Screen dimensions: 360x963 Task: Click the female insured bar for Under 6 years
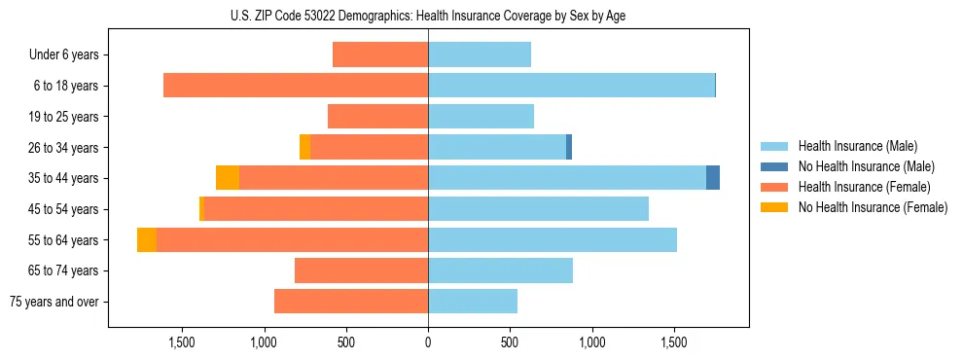380,54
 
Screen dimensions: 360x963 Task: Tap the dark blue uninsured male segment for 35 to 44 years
713,178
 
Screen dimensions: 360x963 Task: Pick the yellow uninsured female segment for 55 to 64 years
147,240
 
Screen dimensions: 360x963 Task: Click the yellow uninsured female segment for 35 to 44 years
228,178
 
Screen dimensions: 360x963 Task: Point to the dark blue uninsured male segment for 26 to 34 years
569,147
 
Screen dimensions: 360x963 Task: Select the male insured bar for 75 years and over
473,302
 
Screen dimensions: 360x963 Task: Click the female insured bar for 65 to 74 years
361,270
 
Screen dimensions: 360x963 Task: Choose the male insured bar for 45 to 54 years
538,209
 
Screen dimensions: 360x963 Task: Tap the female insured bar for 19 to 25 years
377,117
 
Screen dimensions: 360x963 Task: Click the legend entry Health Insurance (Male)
856,146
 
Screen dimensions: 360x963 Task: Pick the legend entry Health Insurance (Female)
861,187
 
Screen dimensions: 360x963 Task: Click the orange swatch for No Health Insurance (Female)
774,207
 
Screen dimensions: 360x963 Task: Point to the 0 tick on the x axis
428,342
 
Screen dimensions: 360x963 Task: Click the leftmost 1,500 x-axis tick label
182,342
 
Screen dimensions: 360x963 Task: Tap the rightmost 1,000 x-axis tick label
591,342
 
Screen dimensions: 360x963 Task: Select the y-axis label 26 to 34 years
63,147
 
